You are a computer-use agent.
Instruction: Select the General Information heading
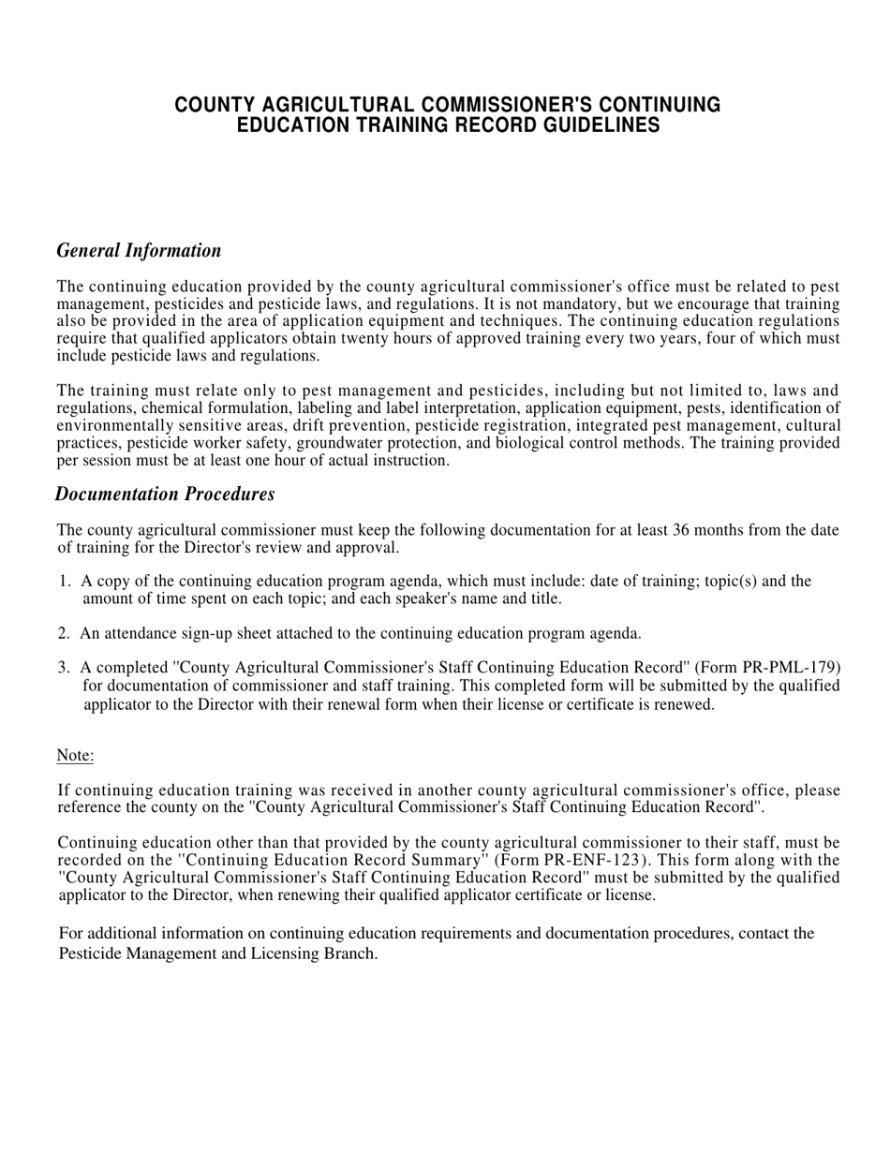point(139,250)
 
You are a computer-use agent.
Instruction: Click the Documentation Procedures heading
point(165,494)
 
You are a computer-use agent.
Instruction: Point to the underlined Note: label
point(75,755)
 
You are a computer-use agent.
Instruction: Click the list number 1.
point(64,582)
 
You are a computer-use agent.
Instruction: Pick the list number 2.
point(63,634)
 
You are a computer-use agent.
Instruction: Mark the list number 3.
point(63,668)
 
